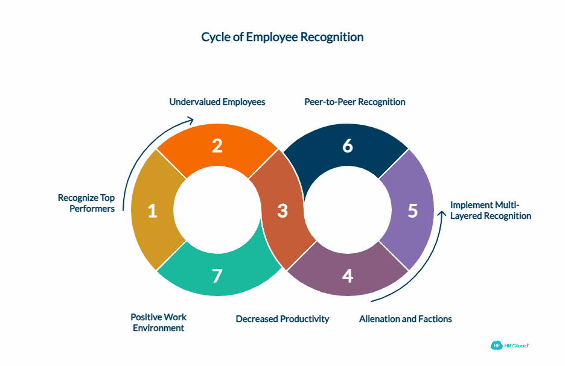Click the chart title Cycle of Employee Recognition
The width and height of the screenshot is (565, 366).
pos(282,37)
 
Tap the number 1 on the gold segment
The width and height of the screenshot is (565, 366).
pos(153,211)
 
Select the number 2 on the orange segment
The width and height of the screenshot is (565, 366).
pos(217,146)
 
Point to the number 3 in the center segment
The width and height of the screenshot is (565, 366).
pos(282,211)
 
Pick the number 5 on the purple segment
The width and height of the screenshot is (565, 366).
pos(347,146)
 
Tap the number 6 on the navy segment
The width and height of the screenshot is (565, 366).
pos(217,276)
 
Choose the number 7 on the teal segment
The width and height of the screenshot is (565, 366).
pos(217,103)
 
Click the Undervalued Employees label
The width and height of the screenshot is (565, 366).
pos(355,103)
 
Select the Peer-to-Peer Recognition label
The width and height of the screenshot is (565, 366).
pos(86,203)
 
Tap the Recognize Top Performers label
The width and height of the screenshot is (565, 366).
pos(491,210)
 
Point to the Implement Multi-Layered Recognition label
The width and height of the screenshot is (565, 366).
pos(159,323)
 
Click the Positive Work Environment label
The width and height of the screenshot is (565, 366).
pos(282,319)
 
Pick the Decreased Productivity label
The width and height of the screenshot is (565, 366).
pos(406,319)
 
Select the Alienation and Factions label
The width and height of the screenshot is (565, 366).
pos(496,345)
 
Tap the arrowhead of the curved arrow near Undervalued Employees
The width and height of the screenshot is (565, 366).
pos(442,214)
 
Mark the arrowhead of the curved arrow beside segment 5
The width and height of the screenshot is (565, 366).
pos(217,210)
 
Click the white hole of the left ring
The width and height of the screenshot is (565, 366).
pos(347,210)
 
